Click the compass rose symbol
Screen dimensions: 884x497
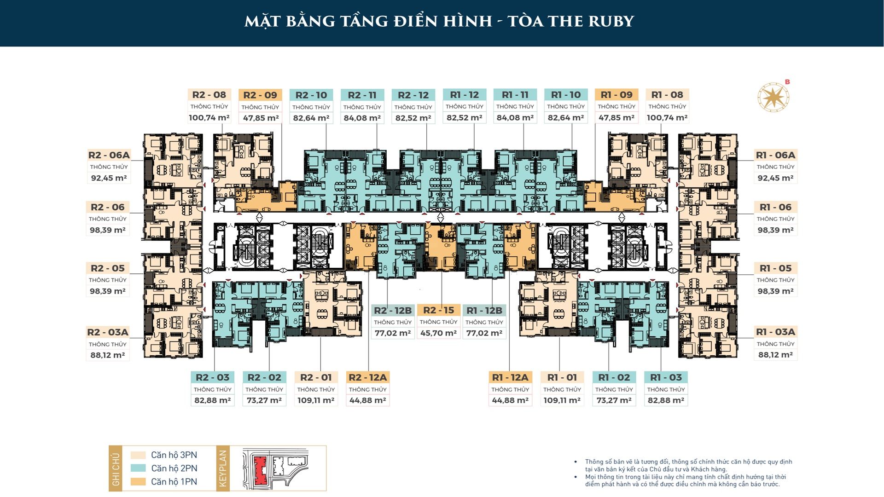click(773, 97)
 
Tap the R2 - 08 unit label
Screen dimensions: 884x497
click(209, 95)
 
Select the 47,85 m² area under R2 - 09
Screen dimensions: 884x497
click(261, 118)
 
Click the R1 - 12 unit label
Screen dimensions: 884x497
click(465, 95)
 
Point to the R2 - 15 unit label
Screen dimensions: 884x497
click(438, 310)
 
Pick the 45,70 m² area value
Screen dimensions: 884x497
click(438, 333)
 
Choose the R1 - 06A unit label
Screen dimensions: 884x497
click(776, 155)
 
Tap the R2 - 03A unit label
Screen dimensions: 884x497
click(108, 332)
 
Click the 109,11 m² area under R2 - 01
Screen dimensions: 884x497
click(316, 400)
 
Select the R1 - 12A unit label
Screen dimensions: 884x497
click(510, 377)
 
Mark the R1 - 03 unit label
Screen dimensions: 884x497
click(666, 377)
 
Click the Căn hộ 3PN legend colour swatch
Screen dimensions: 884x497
click(138, 455)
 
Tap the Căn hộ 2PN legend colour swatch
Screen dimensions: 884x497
click(138, 468)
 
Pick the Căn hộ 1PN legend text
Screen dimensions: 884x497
click(174, 482)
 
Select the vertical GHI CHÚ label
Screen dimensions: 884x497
click(116, 469)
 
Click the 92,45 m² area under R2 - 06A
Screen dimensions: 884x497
click(109, 178)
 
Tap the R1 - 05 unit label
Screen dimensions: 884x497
click(776, 268)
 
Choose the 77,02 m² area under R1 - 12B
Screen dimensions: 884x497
click(484, 333)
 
